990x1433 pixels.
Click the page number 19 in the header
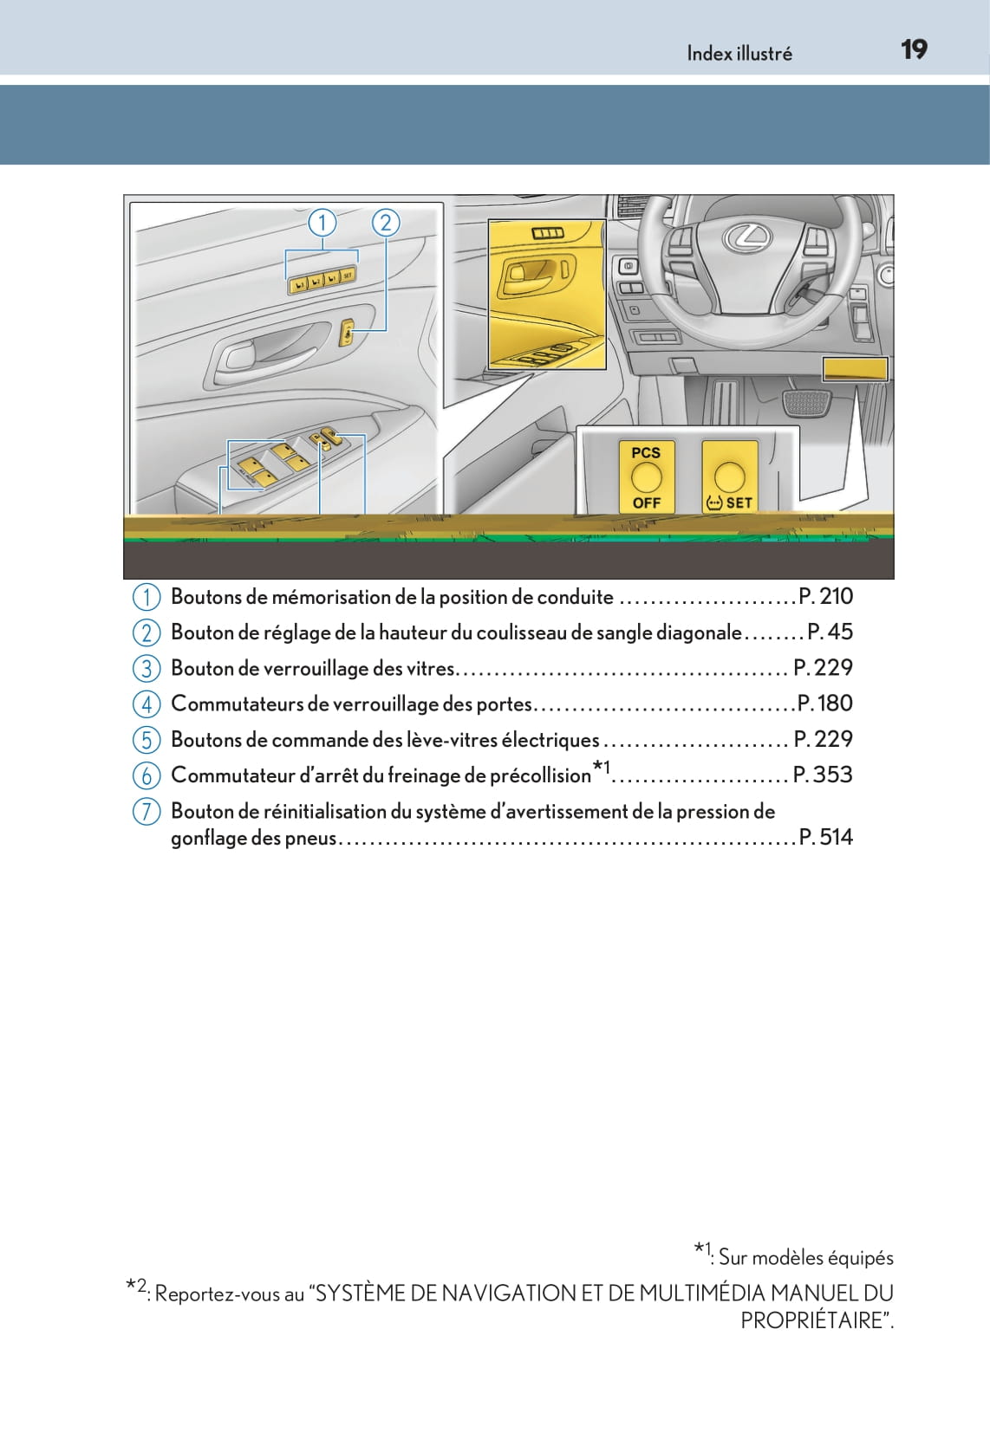[x=914, y=49]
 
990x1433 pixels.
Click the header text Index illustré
[x=739, y=54]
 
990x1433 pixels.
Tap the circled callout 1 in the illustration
[x=322, y=224]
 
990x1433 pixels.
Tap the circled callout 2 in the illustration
[x=386, y=224]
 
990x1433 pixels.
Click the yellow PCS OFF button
[x=646, y=477]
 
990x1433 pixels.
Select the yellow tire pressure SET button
[x=729, y=477]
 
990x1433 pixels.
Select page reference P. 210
[x=825, y=596]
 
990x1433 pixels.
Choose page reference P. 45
[x=830, y=632]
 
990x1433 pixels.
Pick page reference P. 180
[x=824, y=703]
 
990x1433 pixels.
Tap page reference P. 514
[x=825, y=836]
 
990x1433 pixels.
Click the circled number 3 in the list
[x=147, y=668]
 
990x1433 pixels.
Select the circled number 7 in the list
[x=147, y=812]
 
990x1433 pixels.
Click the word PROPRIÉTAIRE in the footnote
[x=815, y=1320]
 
